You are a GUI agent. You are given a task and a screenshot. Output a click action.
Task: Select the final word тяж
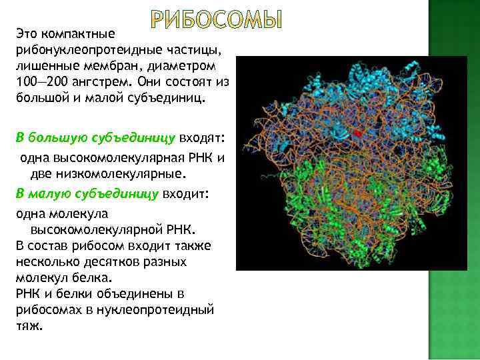click(29, 326)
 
